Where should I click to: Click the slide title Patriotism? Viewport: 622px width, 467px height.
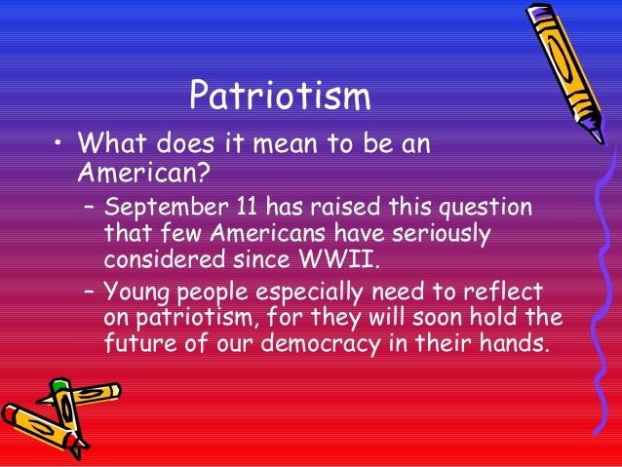point(280,97)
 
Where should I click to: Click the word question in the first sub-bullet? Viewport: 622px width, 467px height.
point(487,209)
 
